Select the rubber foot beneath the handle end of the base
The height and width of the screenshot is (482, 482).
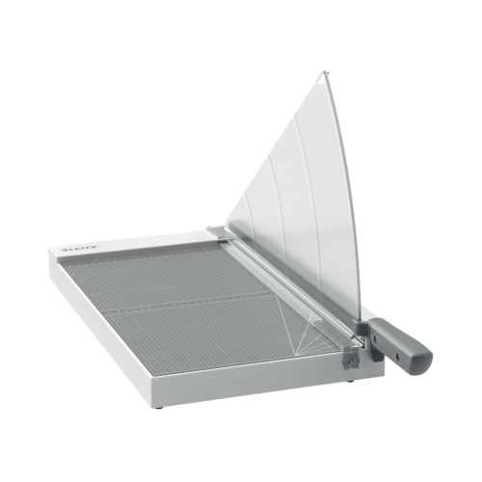[x=351, y=381]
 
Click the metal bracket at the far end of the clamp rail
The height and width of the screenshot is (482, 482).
[x=218, y=232]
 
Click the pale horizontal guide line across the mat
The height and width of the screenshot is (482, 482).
[x=193, y=309]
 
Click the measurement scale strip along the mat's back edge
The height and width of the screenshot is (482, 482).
[x=145, y=248]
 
